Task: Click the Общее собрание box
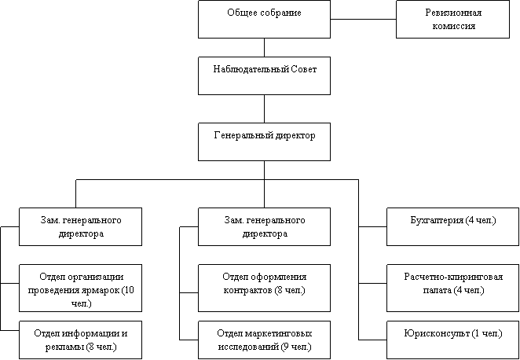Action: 264,19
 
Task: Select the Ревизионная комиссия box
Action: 452,19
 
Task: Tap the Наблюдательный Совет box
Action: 264,75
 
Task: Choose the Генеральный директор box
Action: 264,141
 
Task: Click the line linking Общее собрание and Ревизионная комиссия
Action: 363,19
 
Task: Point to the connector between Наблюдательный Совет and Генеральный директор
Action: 264,108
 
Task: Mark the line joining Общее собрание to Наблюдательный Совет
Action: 264,47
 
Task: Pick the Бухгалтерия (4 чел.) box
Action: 453,226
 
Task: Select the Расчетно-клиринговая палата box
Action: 453,283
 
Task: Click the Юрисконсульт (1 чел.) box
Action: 453,340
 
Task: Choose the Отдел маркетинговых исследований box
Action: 264,340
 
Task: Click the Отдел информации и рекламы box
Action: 81,340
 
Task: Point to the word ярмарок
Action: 101,291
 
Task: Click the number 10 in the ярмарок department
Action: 130,290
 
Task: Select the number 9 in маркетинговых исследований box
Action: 284,347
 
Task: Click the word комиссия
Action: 453,26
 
